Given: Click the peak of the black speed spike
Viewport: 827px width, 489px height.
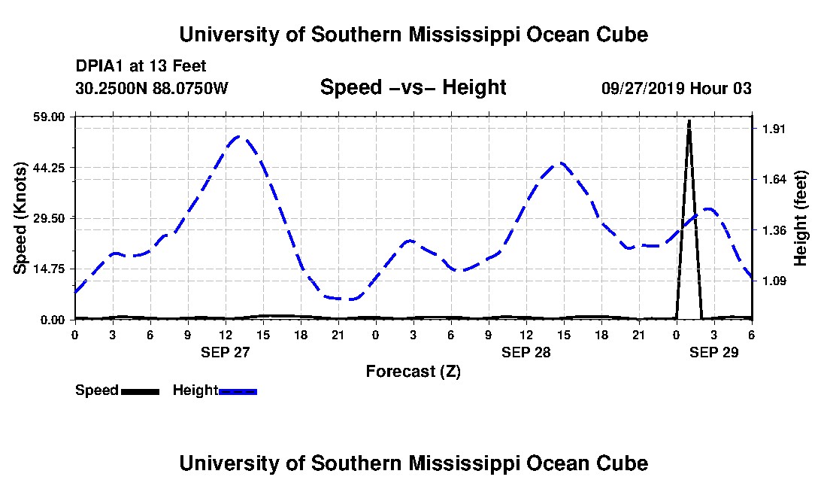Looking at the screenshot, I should pos(689,120).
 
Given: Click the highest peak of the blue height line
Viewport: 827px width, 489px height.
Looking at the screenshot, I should pos(239,136).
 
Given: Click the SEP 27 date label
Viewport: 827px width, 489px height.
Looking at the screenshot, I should pos(225,351).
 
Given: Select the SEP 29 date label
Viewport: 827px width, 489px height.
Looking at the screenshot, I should pos(713,351).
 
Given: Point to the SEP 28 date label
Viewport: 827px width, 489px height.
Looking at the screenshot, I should pos(526,351).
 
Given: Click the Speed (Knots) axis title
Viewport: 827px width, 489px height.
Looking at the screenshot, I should pos(20,218).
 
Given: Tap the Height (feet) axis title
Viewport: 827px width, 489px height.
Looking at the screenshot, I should pos(801,218).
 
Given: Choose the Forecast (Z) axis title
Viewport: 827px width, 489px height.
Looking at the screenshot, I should pos(413,371).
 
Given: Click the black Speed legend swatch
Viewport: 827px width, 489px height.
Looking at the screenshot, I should pos(140,391).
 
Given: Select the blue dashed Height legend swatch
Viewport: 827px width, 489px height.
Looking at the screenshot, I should pos(238,391).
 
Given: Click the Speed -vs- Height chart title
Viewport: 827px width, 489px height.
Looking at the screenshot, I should pos(413,87).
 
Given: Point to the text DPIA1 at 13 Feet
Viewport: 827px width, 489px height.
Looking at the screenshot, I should pos(141,67).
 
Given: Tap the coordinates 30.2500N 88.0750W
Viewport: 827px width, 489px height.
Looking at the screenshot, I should pos(151,88).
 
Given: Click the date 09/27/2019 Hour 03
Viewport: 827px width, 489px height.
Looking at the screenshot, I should pos(676,88).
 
